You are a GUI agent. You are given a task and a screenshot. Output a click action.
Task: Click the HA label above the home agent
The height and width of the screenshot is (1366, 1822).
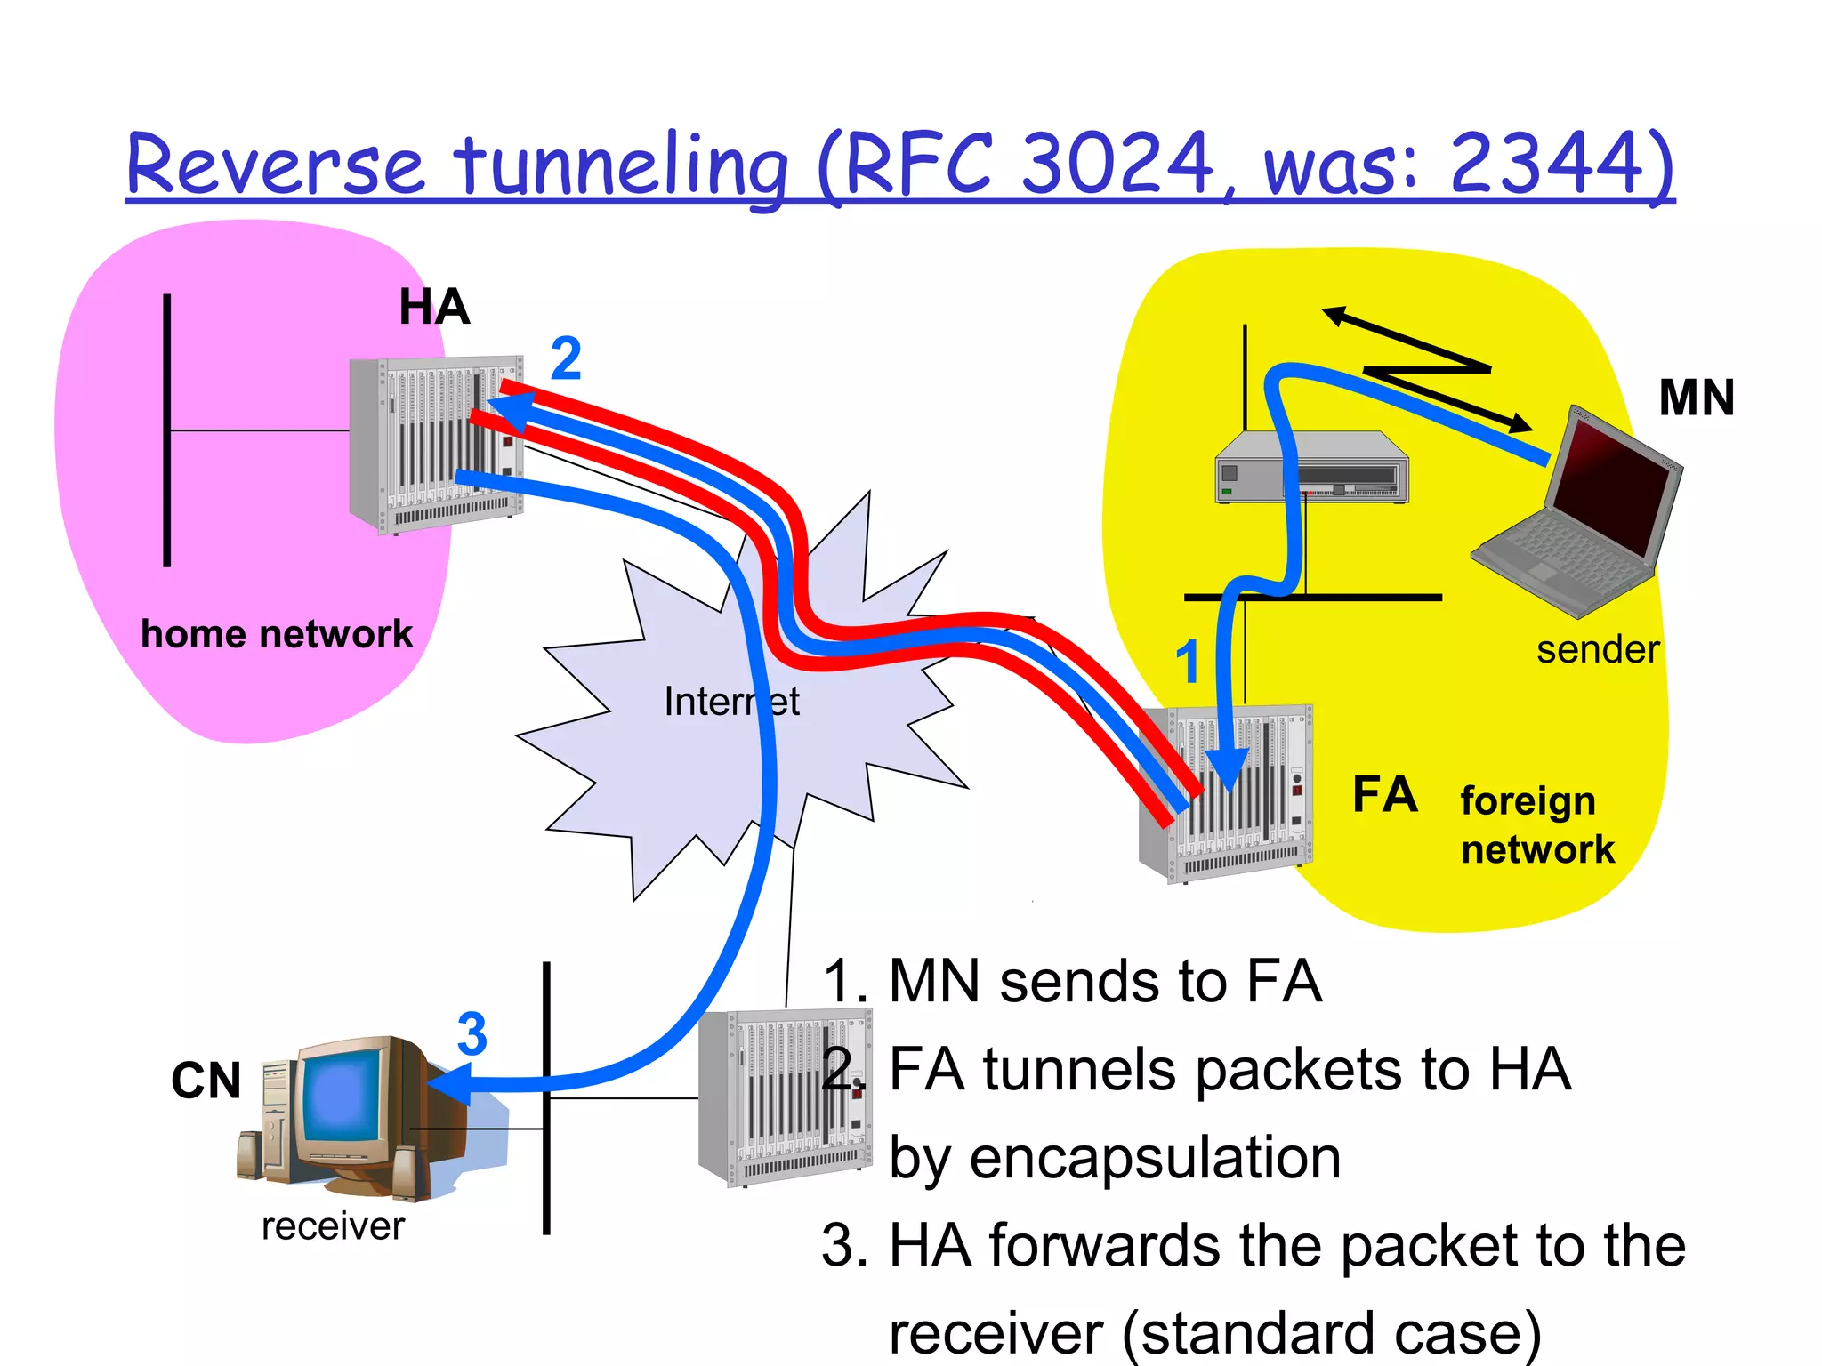click(x=434, y=308)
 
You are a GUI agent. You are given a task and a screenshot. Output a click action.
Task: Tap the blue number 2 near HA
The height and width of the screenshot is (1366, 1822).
click(x=566, y=358)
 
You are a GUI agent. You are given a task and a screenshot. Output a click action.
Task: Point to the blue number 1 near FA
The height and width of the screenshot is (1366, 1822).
click(x=1188, y=663)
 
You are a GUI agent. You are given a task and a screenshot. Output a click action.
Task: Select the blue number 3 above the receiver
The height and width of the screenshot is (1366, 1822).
click(x=472, y=1034)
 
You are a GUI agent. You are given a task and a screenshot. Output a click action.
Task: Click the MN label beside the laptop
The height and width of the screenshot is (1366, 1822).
click(x=1697, y=398)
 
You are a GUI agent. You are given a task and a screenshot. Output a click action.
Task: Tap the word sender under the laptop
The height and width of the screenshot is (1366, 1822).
click(x=1598, y=650)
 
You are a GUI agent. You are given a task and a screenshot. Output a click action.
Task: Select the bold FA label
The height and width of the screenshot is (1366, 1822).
click(x=1384, y=794)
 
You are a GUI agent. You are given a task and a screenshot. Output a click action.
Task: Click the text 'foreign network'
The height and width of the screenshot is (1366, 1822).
click(x=1536, y=825)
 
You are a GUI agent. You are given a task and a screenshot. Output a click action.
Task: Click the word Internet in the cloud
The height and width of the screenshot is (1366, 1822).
click(x=731, y=702)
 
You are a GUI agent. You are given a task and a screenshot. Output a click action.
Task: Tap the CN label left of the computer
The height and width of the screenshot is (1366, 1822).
click(x=206, y=1081)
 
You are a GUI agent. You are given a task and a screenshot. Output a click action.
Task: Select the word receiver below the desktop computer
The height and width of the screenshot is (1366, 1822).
click(x=333, y=1227)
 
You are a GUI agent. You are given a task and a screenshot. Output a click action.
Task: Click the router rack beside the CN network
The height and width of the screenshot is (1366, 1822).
click(x=783, y=1098)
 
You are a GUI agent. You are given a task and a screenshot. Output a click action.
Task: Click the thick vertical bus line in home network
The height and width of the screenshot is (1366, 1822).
click(x=167, y=430)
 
